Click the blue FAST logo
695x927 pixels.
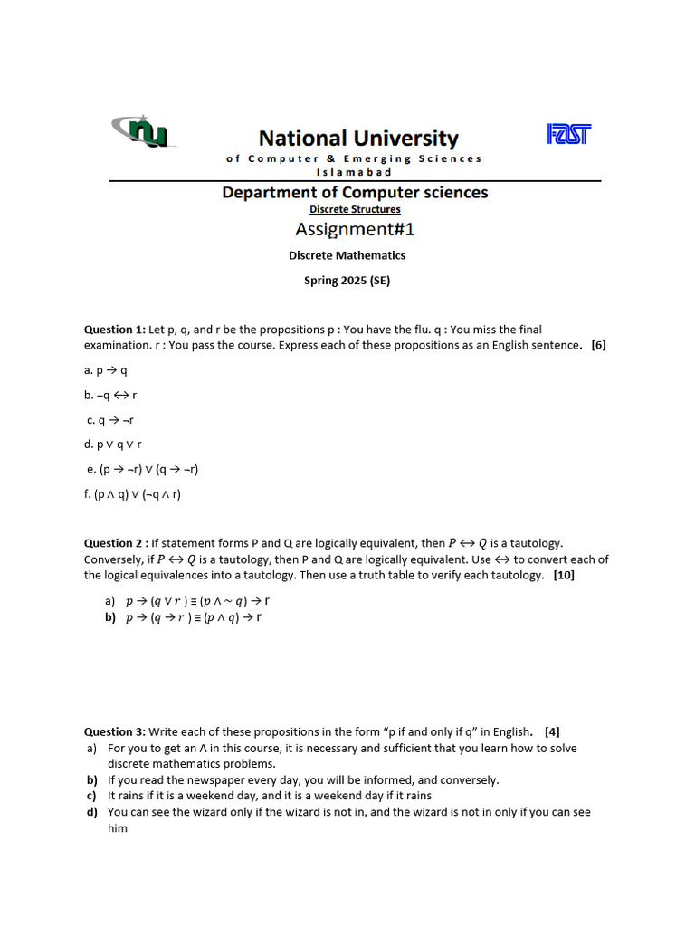(x=569, y=134)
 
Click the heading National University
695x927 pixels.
(x=358, y=139)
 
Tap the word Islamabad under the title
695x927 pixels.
(x=354, y=171)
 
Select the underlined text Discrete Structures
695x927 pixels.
(x=355, y=209)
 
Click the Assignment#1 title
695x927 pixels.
(x=355, y=230)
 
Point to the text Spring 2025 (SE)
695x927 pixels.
(x=347, y=281)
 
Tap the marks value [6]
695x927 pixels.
(x=598, y=345)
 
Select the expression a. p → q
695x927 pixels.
(x=106, y=370)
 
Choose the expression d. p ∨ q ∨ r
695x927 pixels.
(x=113, y=444)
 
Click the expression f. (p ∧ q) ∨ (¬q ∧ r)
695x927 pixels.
(x=133, y=494)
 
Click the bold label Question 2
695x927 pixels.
(x=115, y=543)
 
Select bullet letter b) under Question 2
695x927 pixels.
(x=110, y=617)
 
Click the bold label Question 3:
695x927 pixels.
(x=115, y=731)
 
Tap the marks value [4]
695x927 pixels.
(x=552, y=731)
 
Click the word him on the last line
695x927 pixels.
(x=118, y=827)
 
